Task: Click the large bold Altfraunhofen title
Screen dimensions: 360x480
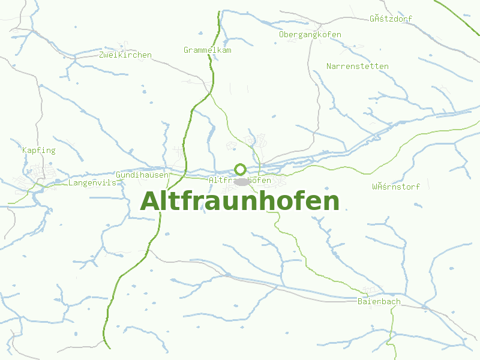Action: pos(239,202)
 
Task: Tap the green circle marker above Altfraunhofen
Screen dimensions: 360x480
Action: pos(240,169)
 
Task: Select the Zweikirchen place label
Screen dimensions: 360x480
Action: pos(125,55)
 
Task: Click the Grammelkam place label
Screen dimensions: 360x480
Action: pos(208,50)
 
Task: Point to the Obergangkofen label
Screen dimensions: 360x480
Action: pos(310,35)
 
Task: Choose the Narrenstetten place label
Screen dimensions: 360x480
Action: pos(358,66)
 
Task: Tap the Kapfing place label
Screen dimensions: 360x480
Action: pos(38,151)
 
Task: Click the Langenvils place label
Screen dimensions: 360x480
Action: pos(92,182)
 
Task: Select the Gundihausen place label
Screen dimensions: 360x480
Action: pos(142,175)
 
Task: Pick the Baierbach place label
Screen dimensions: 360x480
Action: pos(379,301)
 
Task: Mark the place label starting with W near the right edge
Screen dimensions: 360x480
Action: pos(396,187)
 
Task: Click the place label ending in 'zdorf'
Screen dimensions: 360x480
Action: pos(391,19)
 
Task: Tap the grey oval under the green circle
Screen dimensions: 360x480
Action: pos(241,182)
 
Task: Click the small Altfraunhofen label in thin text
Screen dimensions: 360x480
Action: pos(240,181)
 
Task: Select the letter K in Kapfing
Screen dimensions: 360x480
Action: pos(25,151)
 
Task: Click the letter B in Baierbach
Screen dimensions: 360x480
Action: pos(360,301)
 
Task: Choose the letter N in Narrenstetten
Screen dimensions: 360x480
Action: pos(329,66)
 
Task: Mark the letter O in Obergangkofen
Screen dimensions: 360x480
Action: pos(281,35)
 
